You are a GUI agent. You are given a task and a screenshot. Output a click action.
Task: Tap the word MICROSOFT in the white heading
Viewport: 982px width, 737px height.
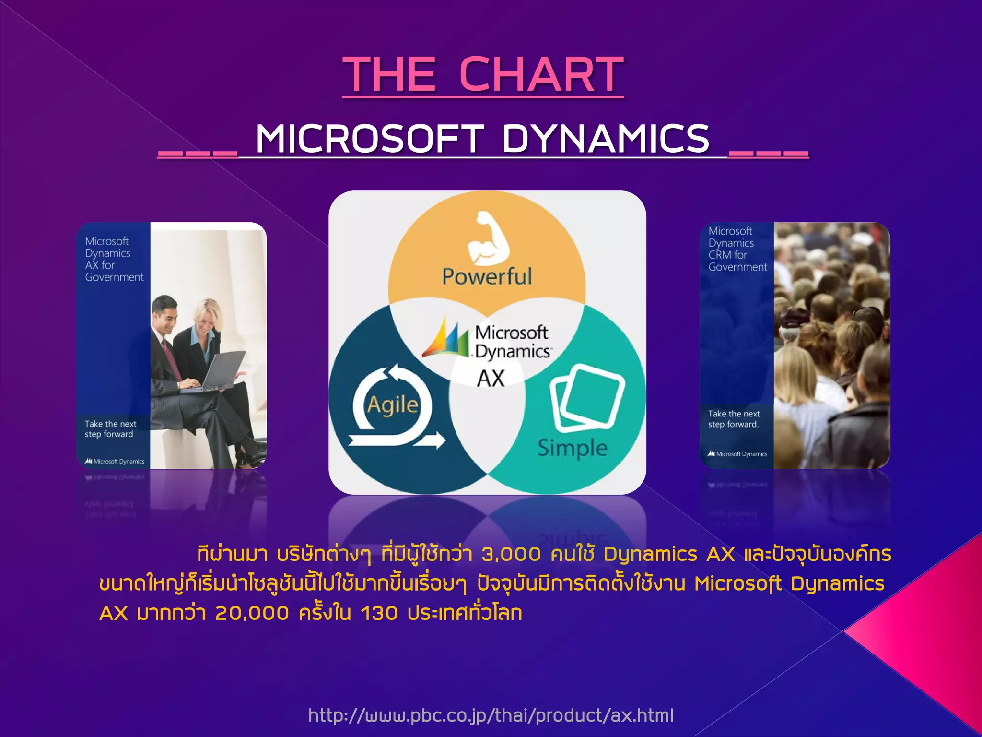(370, 139)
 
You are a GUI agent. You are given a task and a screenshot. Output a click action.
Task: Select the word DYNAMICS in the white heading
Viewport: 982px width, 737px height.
(606, 139)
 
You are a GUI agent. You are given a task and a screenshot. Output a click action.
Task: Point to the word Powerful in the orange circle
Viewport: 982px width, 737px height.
(487, 276)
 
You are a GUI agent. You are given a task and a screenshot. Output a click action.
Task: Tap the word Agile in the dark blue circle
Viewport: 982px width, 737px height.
(392, 404)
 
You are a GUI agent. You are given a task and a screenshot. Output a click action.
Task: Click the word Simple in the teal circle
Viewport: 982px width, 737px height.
(572, 448)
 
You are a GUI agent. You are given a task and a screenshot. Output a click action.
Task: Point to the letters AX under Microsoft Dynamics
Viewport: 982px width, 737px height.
(491, 379)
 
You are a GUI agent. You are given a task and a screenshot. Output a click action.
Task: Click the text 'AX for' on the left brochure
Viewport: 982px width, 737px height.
(100, 265)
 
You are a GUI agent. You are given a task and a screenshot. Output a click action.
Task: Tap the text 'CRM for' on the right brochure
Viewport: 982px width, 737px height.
(727, 255)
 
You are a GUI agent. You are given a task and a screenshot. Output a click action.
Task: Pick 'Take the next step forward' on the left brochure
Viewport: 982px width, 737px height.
(110, 429)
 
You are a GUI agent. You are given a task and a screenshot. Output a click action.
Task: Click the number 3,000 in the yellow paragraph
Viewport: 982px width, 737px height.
(511, 555)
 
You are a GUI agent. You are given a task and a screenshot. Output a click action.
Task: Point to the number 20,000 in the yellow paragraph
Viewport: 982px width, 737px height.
(252, 613)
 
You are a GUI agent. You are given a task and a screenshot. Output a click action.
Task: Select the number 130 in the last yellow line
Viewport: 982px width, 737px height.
(379, 613)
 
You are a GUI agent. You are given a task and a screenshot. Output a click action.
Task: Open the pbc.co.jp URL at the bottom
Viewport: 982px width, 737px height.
(491, 715)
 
